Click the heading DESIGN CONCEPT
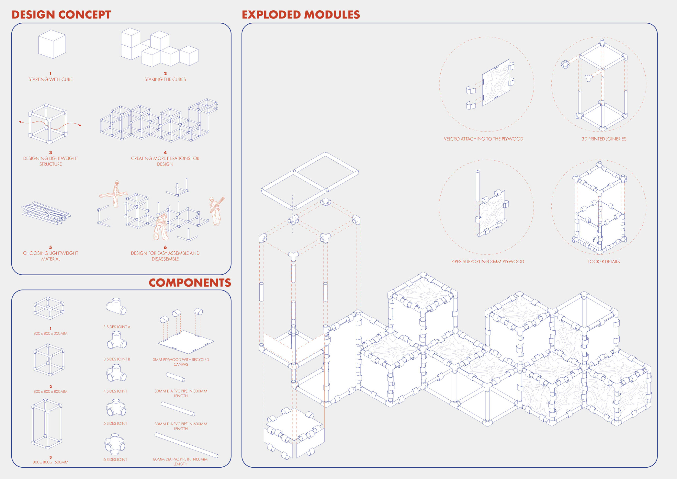(61, 15)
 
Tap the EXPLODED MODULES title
(301, 15)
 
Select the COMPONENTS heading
(190, 283)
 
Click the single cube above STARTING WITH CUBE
(52, 44)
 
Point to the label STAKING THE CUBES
(165, 79)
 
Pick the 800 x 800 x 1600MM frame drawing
(47, 423)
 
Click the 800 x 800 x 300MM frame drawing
(49, 308)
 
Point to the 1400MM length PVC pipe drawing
(186, 445)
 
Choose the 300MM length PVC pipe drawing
(175, 377)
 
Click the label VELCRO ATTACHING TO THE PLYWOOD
(484, 139)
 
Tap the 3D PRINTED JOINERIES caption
(604, 139)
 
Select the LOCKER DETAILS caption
(604, 262)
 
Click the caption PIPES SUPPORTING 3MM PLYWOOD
(488, 262)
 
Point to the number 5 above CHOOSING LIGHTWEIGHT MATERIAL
(50, 247)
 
